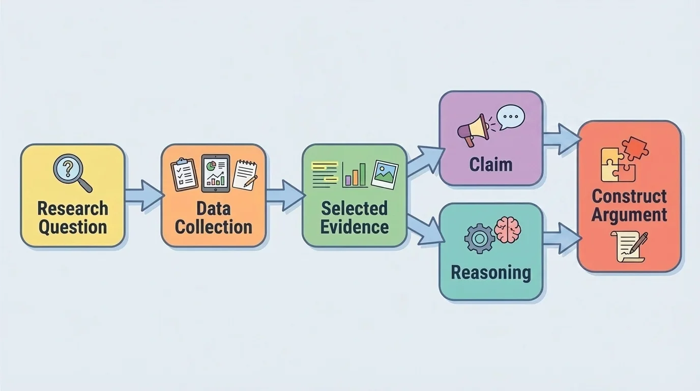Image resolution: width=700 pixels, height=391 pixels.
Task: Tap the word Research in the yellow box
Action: [x=73, y=208]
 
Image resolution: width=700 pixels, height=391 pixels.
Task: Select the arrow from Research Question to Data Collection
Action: [x=143, y=195]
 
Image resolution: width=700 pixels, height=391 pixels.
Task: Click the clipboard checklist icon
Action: [x=184, y=174]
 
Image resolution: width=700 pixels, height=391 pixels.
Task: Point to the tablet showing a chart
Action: [x=215, y=173]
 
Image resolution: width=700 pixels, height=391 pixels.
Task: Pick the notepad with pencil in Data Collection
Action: [x=245, y=175]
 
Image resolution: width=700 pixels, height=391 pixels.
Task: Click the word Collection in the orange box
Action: [x=214, y=227]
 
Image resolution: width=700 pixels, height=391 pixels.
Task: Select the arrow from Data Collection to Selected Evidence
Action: [x=284, y=195]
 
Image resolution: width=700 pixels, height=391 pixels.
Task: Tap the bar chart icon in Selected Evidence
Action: [x=355, y=174]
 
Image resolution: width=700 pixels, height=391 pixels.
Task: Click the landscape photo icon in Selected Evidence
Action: [x=385, y=174]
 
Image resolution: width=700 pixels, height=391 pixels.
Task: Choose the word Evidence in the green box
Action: [x=355, y=227]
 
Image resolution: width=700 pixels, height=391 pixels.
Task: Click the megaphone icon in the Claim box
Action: [x=473, y=130]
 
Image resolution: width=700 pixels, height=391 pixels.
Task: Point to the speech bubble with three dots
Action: [x=510, y=117]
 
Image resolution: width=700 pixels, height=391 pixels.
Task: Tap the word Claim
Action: [x=491, y=164]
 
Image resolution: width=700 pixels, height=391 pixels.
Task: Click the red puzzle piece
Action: [x=635, y=148]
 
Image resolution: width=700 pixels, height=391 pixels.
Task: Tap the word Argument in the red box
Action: [x=629, y=215]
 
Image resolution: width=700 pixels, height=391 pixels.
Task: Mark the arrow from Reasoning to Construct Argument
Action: [x=562, y=238]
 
